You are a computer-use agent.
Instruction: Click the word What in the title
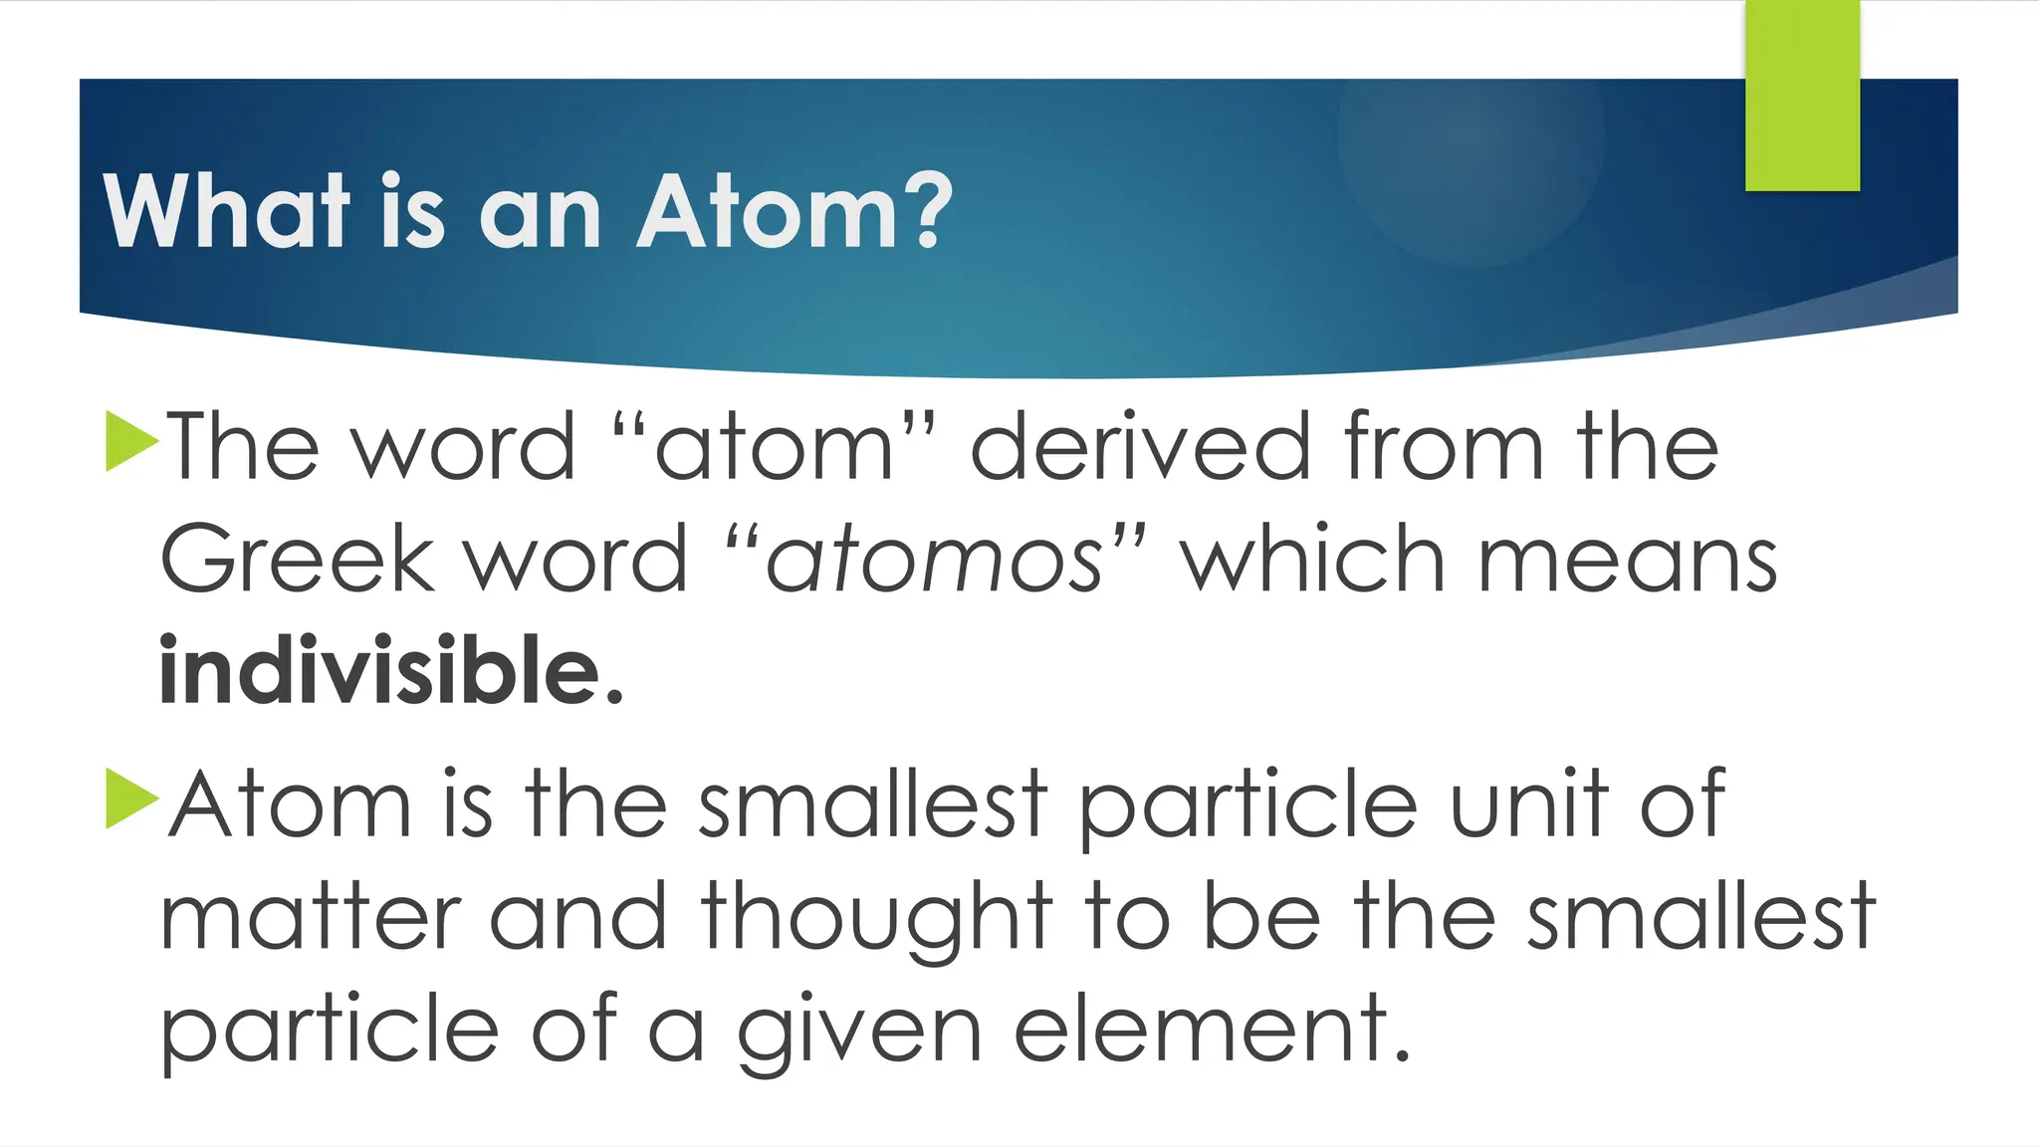[227, 211]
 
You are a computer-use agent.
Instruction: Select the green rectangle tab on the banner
[1802, 96]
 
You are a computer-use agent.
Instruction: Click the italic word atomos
[934, 561]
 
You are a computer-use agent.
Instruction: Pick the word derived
[1140, 447]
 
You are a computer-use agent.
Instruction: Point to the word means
[1628, 561]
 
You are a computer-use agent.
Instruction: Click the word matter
[310, 918]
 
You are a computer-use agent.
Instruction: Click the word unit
[1528, 803]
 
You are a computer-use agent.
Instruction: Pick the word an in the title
[541, 213]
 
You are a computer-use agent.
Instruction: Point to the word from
[1444, 447]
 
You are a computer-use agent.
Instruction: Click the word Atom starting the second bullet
[290, 803]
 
